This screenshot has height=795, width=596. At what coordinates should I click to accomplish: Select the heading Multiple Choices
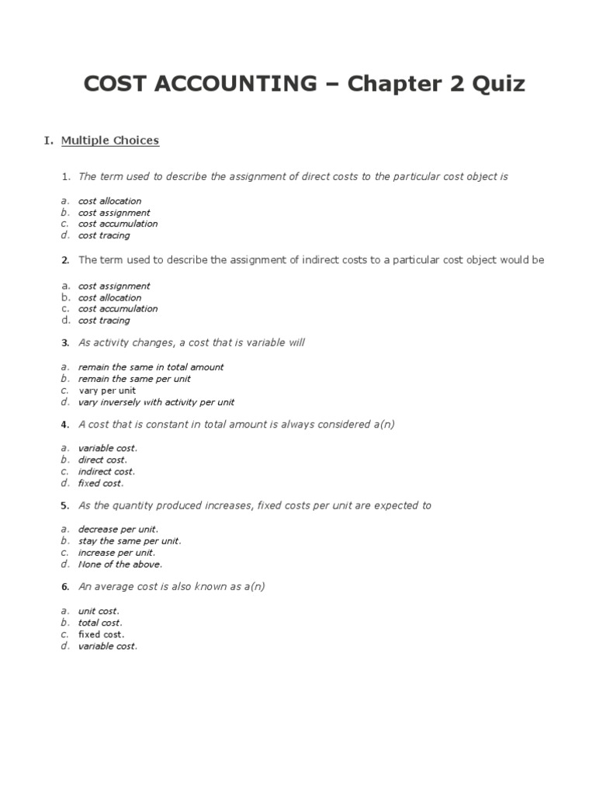point(110,141)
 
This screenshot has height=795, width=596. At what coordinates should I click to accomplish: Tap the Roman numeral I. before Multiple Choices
point(48,141)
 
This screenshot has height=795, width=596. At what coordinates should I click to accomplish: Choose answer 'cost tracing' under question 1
point(104,235)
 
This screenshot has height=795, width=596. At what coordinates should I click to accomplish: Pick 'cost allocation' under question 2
point(109,297)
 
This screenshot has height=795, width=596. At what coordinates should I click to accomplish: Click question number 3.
point(65,342)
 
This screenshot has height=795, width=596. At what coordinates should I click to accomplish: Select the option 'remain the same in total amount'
point(151,367)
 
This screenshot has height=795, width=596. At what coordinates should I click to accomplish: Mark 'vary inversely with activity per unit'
point(156,402)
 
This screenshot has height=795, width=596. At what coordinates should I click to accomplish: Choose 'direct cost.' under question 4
point(102,460)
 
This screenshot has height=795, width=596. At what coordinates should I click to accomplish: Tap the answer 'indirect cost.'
point(106,471)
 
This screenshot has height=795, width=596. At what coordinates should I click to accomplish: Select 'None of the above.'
point(120,564)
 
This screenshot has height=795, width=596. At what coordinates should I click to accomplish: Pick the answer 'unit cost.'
point(99,611)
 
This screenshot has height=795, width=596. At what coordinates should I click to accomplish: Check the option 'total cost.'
point(100,623)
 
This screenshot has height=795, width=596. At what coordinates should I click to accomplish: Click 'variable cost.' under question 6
point(107,646)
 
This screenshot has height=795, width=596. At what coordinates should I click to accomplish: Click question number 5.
point(65,505)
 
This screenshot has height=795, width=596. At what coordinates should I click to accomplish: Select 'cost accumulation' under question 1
point(118,224)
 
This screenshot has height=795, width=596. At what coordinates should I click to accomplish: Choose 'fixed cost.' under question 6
point(101,634)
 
